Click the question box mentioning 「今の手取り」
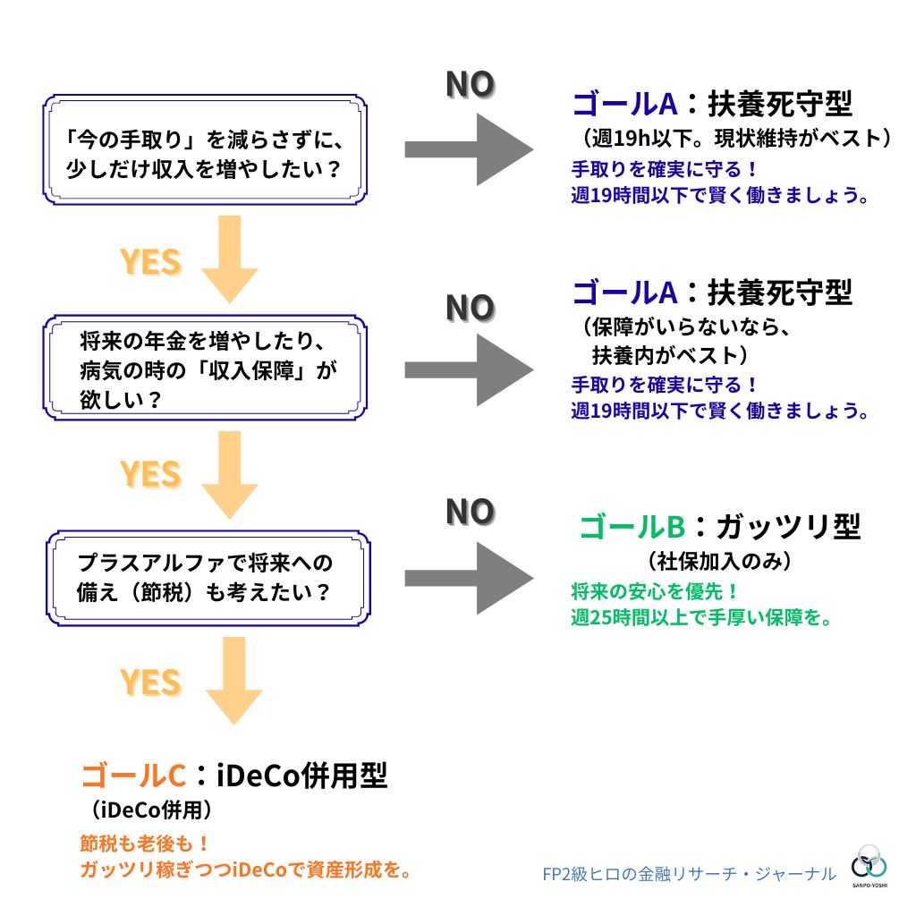[x=205, y=149]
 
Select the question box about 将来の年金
[x=205, y=368]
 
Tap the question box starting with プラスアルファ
[x=205, y=577]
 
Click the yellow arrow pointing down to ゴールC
[x=233, y=680]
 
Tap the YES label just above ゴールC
[x=150, y=683]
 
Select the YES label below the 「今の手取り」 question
[x=150, y=262]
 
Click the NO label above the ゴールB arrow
[x=470, y=513]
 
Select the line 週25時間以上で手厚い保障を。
[x=701, y=617]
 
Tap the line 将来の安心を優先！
[x=655, y=591]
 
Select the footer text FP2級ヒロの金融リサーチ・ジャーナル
[x=689, y=874]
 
